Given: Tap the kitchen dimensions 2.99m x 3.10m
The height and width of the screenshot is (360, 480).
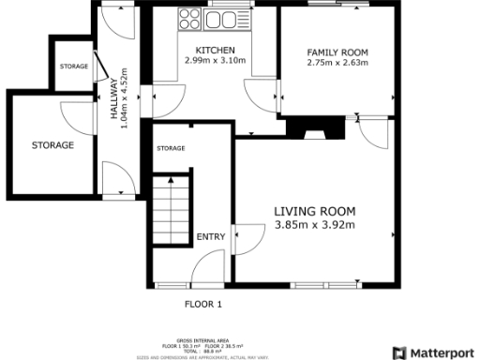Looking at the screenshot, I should pos(215,61).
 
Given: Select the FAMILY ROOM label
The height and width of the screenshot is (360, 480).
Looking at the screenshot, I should pos(337,52).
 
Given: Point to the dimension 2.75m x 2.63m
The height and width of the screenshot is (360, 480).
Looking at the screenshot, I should pos(337,63).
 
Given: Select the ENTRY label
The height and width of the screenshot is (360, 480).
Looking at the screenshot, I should pos(210,237).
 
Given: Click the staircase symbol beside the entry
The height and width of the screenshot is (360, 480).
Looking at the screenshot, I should pos(172,211).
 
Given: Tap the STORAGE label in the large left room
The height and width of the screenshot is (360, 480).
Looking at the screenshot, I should pos(52,145).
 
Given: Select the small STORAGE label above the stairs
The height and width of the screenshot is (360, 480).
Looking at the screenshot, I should pos(171,149).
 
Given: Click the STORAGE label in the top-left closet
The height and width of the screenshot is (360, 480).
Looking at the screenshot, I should pos(73,67).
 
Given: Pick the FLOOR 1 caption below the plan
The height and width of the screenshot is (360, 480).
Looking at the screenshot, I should pos(203,304).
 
